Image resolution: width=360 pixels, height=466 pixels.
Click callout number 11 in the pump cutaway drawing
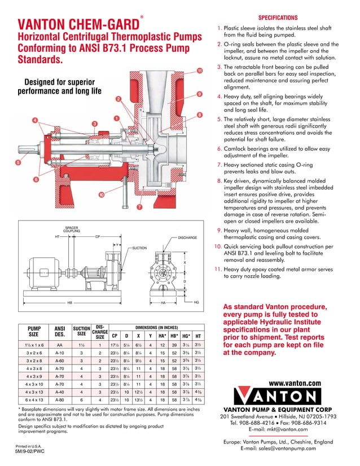pyautogui.click(x=199, y=71)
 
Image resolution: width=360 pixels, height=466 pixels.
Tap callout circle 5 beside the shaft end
pyautogui.click(x=19, y=162)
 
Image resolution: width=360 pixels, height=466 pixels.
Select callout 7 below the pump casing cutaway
pyautogui.click(x=139, y=207)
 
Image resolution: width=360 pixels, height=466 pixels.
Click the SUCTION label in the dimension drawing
pyautogui.click(x=139, y=248)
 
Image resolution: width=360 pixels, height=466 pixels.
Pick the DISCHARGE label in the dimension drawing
pyautogui.click(x=187, y=238)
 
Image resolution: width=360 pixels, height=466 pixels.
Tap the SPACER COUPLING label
pyautogui.click(x=71, y=230)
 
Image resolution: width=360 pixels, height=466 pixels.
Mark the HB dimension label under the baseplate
pyautogui.click(x=70, y=302)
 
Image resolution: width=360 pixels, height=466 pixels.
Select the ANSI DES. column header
pyautogui.click(x=59, y=330)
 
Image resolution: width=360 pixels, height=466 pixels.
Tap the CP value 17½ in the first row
pyautogui.click(x=114, y=345)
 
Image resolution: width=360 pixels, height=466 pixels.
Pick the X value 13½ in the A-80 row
pyautogui.click(x=138, y=398)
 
